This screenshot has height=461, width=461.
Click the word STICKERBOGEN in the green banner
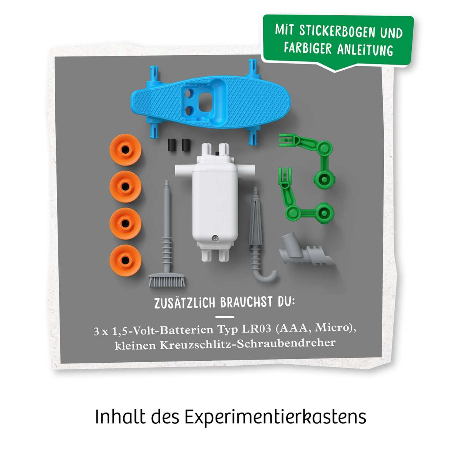click(x=337, y=32)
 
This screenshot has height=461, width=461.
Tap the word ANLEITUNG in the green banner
click(x=365, y=50)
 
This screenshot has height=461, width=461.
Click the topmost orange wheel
click(x=126, y=150)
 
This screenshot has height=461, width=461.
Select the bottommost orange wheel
click(x=126, y=260)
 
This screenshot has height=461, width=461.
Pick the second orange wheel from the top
click(x=126, y=186)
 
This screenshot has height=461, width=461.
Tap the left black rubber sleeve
click(x=171, y=145)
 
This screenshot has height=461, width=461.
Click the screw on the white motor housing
click(x=215, y=238)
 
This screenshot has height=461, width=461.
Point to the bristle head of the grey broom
click(x=166, y=280)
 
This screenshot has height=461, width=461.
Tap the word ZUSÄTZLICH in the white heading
click(x=185, y=303)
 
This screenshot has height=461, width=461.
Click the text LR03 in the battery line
click(x=257, y=329)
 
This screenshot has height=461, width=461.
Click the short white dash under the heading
click(x=225, y=317)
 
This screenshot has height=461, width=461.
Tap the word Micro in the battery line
click(x=333, y=328)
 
